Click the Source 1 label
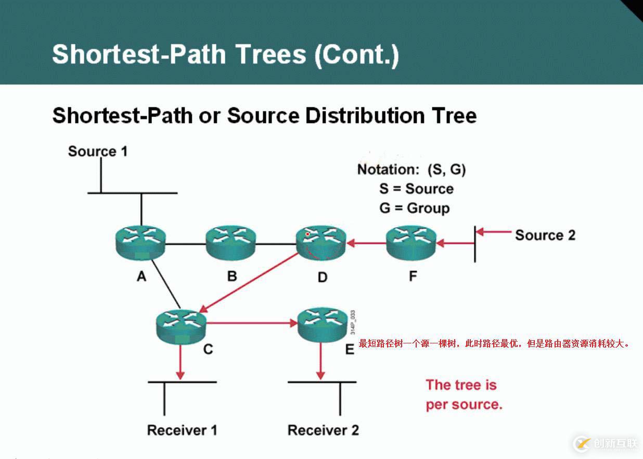[98, 152]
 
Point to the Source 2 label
[545, 235]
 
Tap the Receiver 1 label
[182, 430]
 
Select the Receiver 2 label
[323, 430]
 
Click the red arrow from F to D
[367, 243]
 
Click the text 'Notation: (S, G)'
[411, 169]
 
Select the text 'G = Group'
[414, 208]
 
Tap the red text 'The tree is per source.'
[463, 394]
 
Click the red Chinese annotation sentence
[494, 344]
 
